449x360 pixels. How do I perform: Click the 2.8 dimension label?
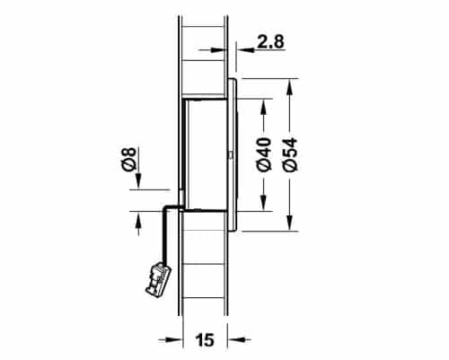(x=270, y=41)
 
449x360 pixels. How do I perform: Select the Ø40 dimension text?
(x=264, y=154)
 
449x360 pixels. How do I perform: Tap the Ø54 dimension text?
(x=290, y=154)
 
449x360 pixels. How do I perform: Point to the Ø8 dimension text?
(x=129, y=159)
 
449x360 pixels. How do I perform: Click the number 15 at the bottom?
(x=205, y=340)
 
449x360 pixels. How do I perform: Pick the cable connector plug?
(x=157, y=280)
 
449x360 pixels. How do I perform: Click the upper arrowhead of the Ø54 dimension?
(x=289, y=87)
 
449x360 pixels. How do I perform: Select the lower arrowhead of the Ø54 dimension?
(x=289, y=223)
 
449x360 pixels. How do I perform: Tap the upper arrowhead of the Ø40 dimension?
(x=263, y=107)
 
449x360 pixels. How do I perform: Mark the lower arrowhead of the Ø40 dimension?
(x=263, y=203)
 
